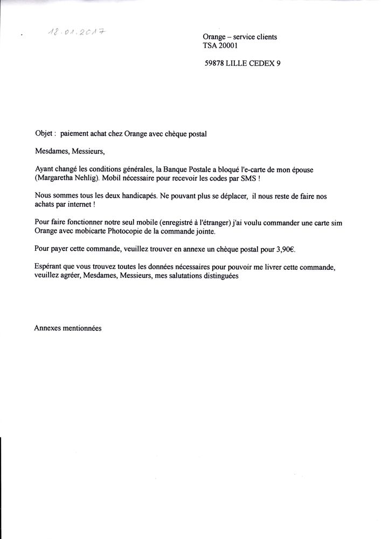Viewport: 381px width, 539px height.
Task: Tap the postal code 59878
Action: tap(216, 63)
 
